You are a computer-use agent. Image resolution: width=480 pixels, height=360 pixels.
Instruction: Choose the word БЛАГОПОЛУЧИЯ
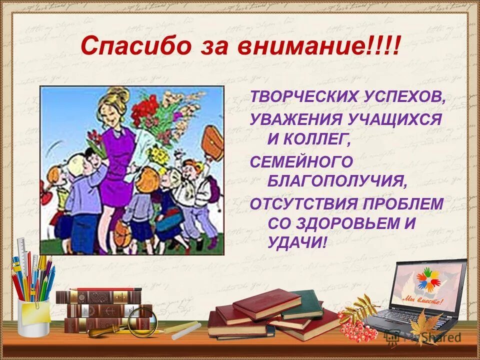337,181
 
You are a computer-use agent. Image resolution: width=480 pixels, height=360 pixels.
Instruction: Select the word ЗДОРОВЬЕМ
348,223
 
